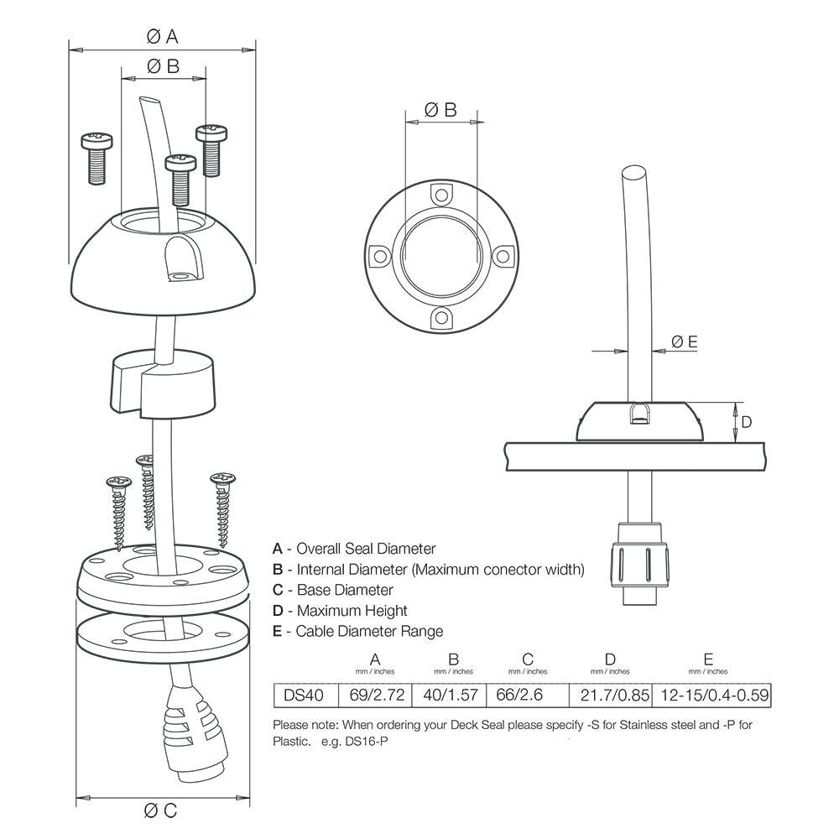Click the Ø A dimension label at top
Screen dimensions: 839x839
pos(162,36)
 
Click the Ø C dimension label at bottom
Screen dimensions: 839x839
pos(160,810)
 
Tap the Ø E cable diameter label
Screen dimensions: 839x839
pos(684,341)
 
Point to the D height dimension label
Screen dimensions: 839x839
pos(746,421)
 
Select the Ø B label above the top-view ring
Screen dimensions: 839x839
pos(440,109)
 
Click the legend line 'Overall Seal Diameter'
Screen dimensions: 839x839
pos(354,549)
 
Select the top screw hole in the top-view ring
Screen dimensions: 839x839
pos(440,194)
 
